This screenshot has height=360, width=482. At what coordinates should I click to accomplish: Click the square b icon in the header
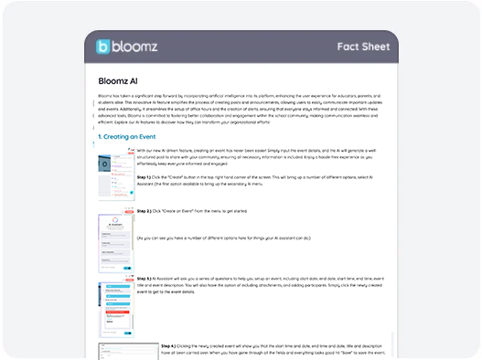point(102,47)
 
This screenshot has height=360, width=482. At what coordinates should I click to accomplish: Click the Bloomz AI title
point(120,80)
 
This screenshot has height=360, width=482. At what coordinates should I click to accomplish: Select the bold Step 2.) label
point(144,210)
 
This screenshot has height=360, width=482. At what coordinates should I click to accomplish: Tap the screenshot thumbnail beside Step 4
point(127,351)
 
